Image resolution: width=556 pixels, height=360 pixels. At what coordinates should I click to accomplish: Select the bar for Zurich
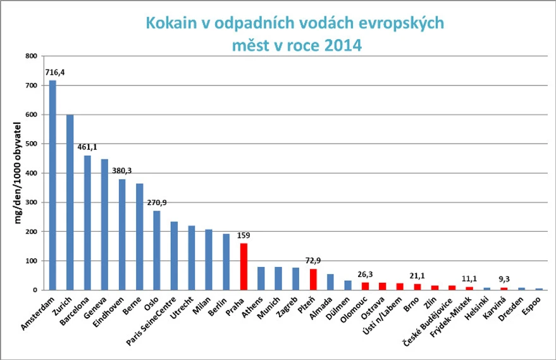pos(70,202)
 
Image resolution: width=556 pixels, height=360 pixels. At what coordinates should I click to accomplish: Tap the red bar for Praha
pos(244,266)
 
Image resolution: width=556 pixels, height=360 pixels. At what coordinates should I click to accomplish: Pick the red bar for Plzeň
pos(312,279)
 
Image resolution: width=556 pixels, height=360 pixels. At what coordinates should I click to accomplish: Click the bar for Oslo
pos(157,250)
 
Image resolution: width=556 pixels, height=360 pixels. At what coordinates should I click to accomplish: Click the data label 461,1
pos(88,147)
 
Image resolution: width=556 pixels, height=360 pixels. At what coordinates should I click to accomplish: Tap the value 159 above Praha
pos(244,235)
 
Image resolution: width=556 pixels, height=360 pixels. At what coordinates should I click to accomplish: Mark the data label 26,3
pos(364,274)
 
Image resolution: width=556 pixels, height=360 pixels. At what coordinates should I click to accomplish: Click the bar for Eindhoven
pos(122,234)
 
